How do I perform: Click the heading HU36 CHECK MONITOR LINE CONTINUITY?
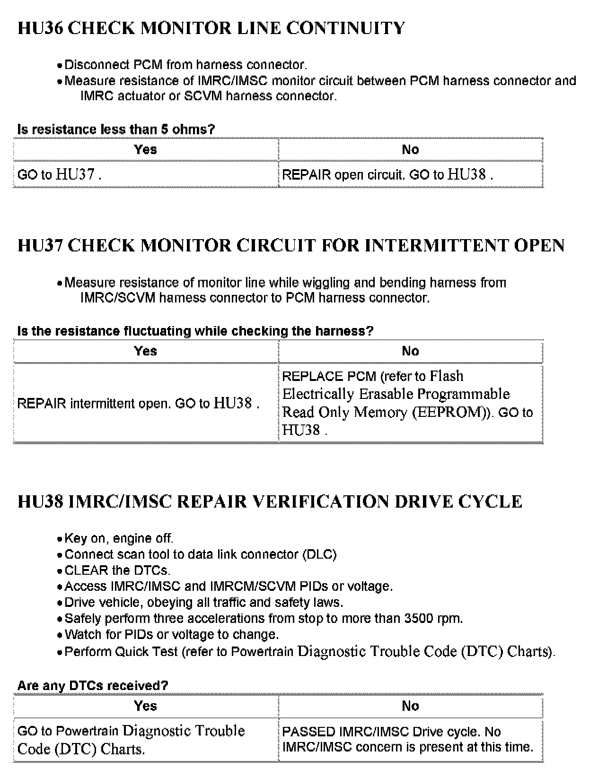coord(211,28)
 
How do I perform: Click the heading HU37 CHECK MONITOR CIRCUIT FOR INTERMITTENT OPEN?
coord(290,246)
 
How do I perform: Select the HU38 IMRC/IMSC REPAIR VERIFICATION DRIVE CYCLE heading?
coord(270,501)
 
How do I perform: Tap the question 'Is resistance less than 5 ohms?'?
coord(116,129)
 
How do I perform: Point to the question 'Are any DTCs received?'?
coord(93,685)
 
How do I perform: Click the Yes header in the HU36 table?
coord(145,150)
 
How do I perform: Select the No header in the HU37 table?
coord(410,351)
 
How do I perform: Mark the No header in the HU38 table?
coord(410,706)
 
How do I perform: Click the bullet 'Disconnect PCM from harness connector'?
coord(185,65)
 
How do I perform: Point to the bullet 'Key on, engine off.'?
coord(119,538)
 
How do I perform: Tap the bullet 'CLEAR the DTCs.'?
coord(117,570)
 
